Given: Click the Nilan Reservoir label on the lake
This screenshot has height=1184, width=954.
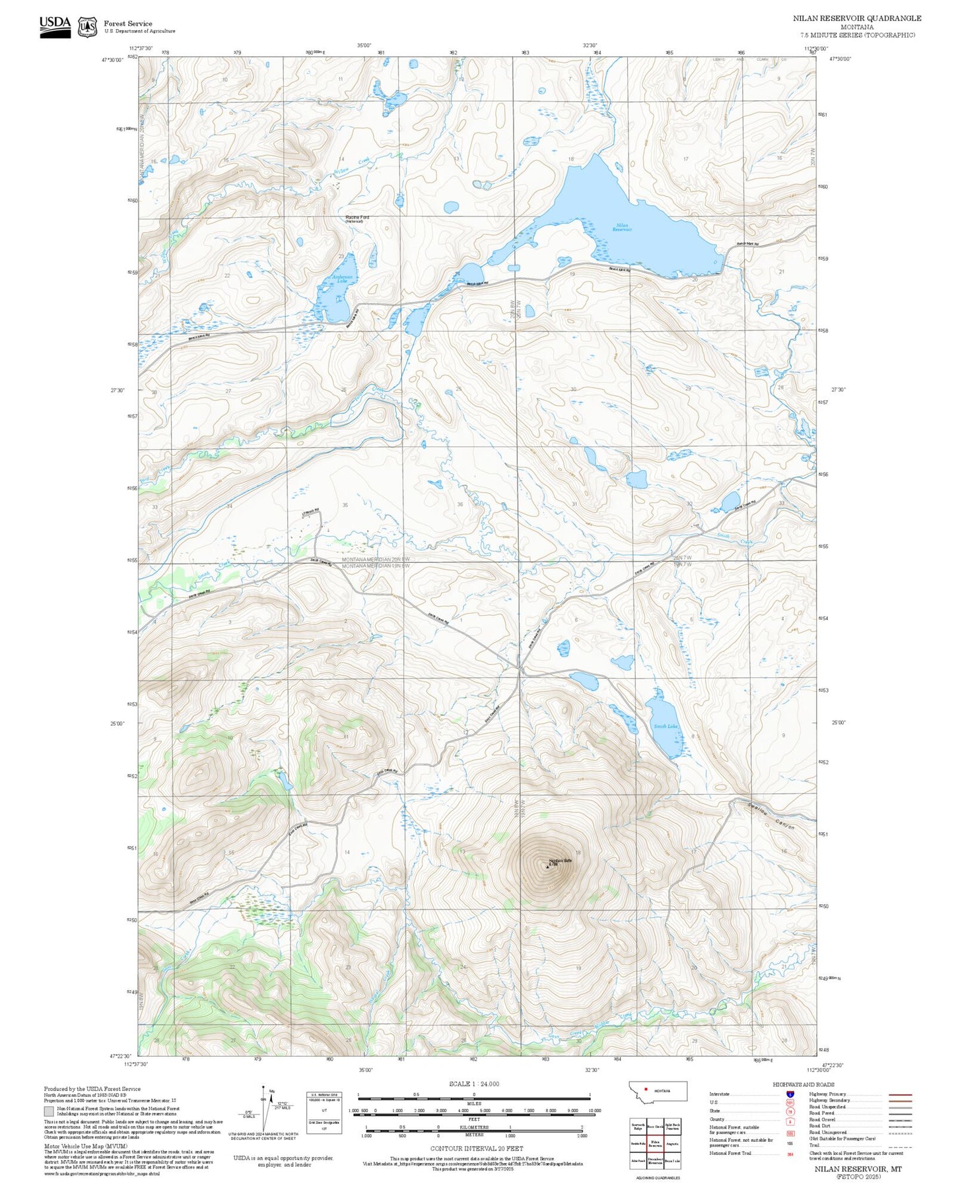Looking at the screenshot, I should pyautogui.click(x=622, y=228).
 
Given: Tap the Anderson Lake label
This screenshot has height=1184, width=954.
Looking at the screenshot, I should pyautogui.click(x=342, y=279).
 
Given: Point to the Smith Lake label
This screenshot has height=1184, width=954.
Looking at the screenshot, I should pyautogui.click(x=665, y=726).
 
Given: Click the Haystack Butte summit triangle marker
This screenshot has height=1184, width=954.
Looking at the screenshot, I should pyautogui.click(x=547, y=867).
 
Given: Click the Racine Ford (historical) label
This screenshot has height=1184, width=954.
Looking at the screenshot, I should pyautogui.click(x=357, y=219).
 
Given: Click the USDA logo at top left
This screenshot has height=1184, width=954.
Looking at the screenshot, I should pyautogui.click(x=55, y=26).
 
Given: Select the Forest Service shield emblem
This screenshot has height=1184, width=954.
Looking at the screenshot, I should pyautogui.click(x=87, y=27).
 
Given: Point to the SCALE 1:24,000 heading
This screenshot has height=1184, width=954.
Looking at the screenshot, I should pyautogui.click(x=473, y=1084).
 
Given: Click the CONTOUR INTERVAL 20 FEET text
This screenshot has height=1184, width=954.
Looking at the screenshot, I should pyautogui.click(x=476, y=1148).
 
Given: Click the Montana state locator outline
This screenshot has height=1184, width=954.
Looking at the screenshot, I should pyautogui.click(x=658, y=1091).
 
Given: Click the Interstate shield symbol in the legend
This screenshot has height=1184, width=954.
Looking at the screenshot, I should pyautogui.click(x=790, y=1094).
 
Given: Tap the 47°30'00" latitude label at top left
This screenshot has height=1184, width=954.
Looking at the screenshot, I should pyautogui.click(x=112, y=60).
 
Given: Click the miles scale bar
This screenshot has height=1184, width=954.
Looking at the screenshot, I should pyautogui.click(x=473, y=1098).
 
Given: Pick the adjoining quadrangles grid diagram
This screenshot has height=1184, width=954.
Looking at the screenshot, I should pyautogui.click(x=655, y=1144).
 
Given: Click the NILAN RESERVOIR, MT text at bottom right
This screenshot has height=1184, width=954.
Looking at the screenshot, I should pyautogui.click(x=858, y=1168).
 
